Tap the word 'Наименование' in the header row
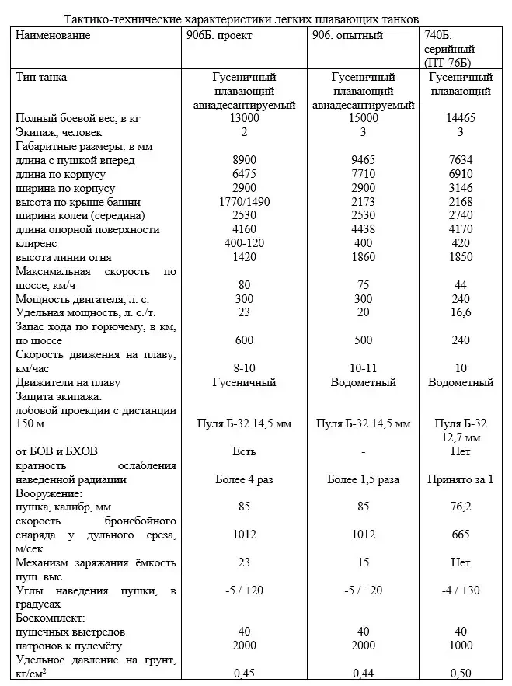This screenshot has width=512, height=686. (x=53, y=36)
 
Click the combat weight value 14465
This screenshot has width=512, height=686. (x=461, y=118)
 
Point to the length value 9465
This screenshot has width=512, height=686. (x=363, y=160)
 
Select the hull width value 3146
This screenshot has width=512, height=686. (x=461, y=188)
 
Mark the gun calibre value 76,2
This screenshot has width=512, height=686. (x=461, y=507)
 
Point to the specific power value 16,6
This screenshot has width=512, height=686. (x=461, y=312)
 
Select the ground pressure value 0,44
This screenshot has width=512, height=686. (x=363, y=673)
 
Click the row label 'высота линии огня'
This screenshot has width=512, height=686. (x=63, y=258)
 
